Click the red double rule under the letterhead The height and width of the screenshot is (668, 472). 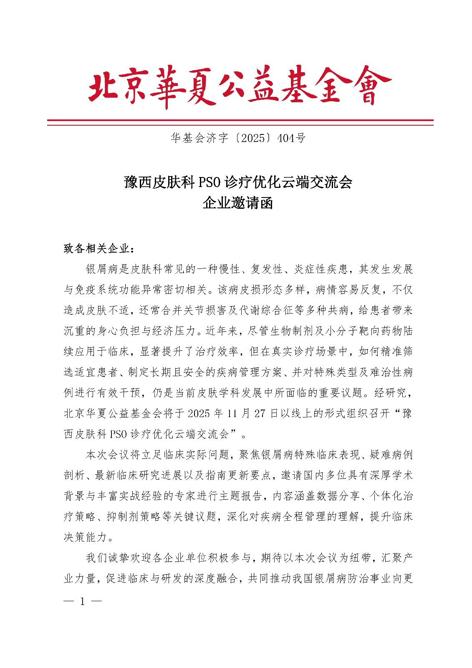click(x=240, y=122)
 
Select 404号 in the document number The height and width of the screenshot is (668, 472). click(x=291, y=138)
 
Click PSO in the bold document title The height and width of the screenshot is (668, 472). click(x=210, y=182)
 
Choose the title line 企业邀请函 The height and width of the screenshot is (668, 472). click(x=237, y=203)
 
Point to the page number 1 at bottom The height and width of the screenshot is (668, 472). click(x=82, y=602)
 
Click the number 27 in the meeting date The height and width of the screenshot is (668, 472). click(x=260, y=413)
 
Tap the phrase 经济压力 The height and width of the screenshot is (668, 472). click(x=174, y=331)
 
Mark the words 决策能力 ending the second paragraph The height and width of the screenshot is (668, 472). click(x=86, y=537)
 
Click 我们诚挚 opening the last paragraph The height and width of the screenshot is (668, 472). click(x=108, y=558)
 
